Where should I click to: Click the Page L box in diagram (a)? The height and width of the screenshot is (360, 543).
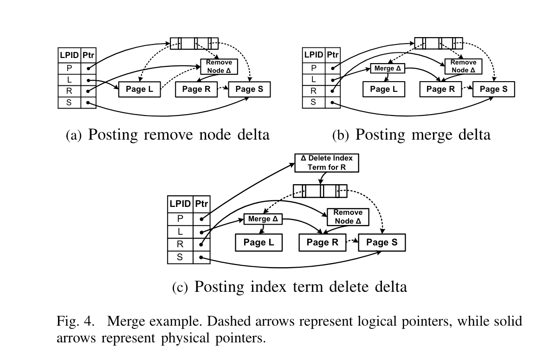(139, 89)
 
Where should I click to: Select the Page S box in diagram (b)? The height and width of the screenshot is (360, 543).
(493, 89)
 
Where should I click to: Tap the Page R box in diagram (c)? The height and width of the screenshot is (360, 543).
(323, 242)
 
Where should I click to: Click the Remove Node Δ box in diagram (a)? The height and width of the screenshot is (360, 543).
(219, 67)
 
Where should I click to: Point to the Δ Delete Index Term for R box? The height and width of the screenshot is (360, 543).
(327, 163)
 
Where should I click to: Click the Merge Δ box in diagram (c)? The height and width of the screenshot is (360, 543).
(263, 219)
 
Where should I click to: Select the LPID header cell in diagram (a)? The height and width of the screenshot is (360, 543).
(69, 55)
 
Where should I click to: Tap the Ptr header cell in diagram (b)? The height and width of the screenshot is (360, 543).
(332, 55)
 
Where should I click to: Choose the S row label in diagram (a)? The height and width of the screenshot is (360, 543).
(69, 102)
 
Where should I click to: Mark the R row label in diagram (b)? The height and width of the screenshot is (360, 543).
(313, 90)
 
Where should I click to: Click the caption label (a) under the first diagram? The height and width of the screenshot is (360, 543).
(74, 135)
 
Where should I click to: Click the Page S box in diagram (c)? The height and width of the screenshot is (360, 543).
(381, 242)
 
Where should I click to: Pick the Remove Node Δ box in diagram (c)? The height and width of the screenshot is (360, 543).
(348, 217)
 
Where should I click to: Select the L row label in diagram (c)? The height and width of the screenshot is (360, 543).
(180, 231)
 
